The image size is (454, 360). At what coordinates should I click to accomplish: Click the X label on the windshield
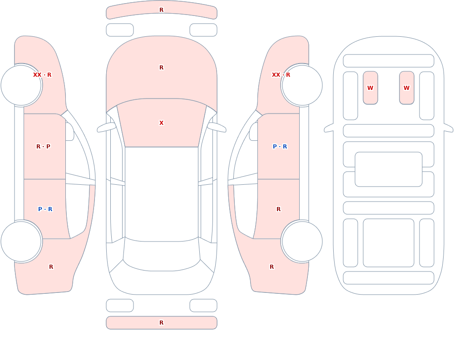coord(161,123)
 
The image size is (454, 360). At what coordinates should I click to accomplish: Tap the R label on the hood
coord(161,68)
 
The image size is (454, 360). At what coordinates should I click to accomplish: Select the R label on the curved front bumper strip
coord(161,10)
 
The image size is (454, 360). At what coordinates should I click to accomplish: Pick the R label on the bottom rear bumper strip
coord(161,323)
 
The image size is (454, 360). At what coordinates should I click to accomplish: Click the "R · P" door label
coord(43,147)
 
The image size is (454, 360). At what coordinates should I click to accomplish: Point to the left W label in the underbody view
coord(370,88)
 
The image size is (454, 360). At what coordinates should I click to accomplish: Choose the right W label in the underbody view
coord(406,88)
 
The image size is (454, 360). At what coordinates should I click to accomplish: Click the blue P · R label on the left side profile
coord(45,209)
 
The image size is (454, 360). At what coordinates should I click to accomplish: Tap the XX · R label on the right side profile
coord(281,75)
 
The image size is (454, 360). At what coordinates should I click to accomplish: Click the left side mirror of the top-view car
coord(106,127)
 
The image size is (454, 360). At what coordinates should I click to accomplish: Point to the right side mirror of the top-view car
coord(217,127)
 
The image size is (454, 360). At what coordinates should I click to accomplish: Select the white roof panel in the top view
coord(162,194)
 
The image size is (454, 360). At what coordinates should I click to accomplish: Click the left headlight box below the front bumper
coord(120,30)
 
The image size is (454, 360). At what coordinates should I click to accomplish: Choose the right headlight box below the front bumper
coord(203,30)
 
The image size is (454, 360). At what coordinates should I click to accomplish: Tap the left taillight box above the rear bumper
coord(120,306)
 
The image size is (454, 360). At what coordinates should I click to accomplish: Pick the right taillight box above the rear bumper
coord(203,306)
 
